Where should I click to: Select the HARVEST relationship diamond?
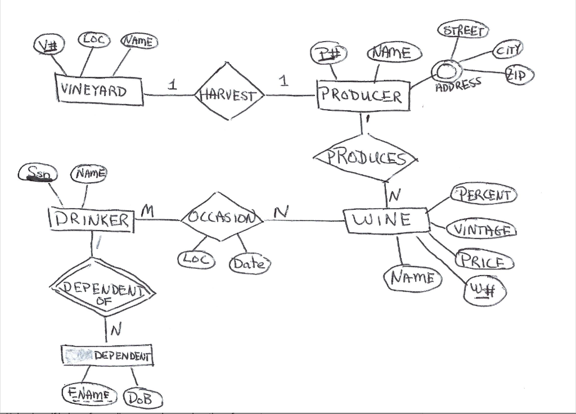click(x=228, y=94)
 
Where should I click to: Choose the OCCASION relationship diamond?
click(x=221, y=218)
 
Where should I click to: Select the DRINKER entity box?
click(x=92, y=220)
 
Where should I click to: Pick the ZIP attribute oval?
click(x=519, y=74)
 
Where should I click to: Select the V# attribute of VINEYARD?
click(x=49, y=45)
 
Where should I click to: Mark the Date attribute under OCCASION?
click(x=249, y=263)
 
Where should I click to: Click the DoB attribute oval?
click(x=143, y=399)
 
